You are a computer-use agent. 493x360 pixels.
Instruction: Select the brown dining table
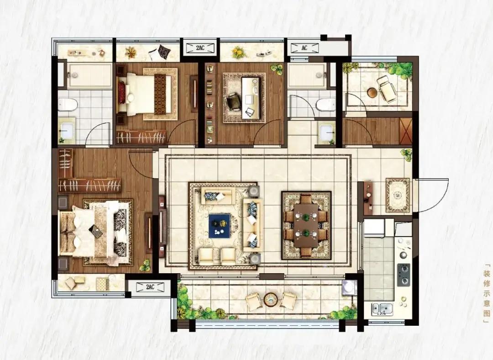pos(306,225)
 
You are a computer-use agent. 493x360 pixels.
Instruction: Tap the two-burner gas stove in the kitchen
pos(404,275)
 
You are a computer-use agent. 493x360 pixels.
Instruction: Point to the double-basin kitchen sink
pos(382,309)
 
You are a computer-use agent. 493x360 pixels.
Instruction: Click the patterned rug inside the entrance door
pos(398,195)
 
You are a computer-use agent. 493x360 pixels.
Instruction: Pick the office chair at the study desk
pos(234,101)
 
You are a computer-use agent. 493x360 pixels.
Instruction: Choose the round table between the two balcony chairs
pos(270,299)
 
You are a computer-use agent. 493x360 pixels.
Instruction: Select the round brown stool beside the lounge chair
pos(372,93)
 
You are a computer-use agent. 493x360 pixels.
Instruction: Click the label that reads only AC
pos(304,48)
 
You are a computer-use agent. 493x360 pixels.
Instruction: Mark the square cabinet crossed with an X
pos(406,131)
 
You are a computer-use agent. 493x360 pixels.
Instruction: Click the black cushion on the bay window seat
pos(163,52)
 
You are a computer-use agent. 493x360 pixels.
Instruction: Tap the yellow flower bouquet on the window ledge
pos(239,52)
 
